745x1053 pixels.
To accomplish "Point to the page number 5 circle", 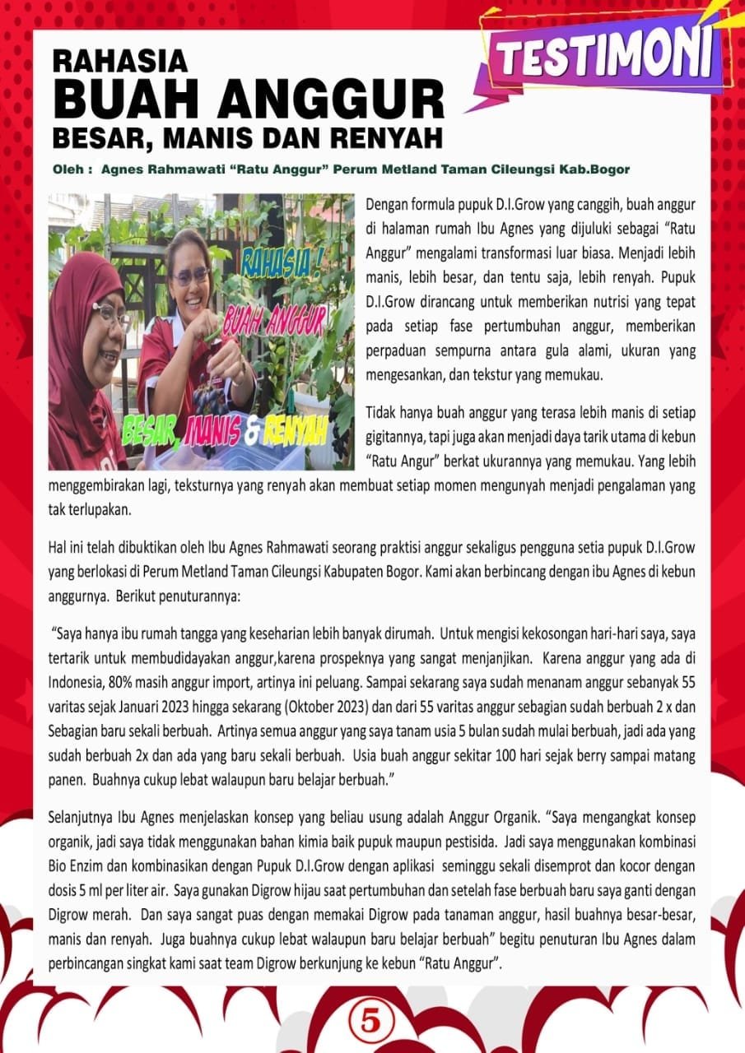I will click(372, 1023).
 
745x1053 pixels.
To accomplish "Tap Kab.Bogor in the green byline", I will click(596, 170).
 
